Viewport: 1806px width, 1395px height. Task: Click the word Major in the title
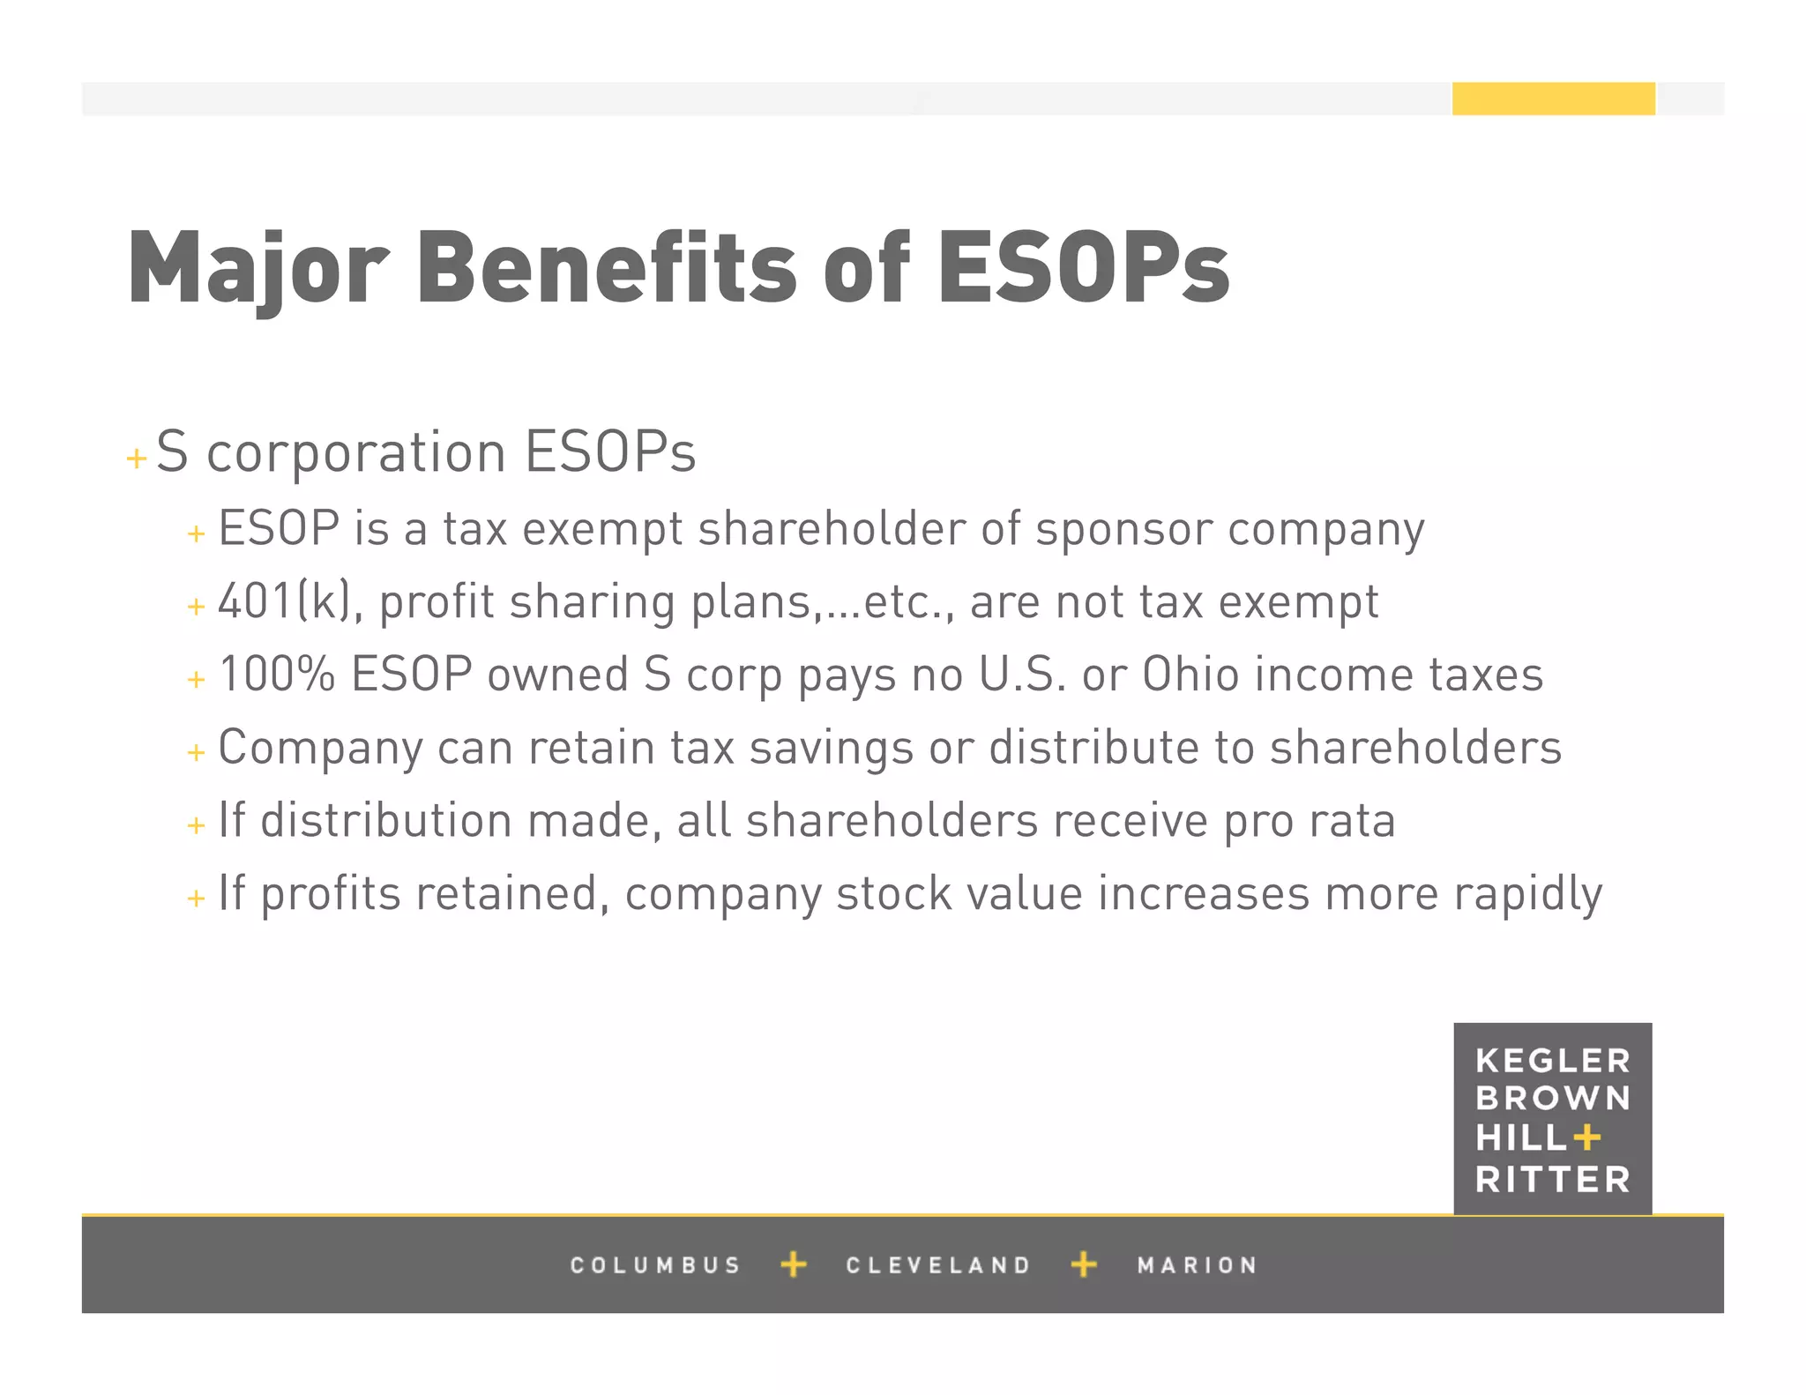click(x=258, y=268)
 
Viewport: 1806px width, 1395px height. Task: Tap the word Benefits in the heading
click(x=607, y=268)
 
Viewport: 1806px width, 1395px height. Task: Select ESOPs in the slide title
click(x=1083, y=268)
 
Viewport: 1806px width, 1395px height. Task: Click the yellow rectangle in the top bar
click(x=1553, y=99)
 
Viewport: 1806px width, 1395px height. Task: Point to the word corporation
click(x=355, y=453)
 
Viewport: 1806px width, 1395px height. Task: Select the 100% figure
click(x=276, y=675)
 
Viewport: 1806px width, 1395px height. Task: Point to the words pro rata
click(x=1310, y=822)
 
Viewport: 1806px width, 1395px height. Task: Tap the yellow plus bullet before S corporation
click(x=137, y=459)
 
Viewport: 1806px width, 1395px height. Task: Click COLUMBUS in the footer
click(x=655, y=1265)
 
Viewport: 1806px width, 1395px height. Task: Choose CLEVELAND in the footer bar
click(x=938, y=1265)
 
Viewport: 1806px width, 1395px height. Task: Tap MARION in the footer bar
click(x=1197, y=1265)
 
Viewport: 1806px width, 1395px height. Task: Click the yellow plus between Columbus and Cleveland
click(x=794, y=1264)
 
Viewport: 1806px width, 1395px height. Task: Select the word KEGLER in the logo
click(x=1553, y=1061)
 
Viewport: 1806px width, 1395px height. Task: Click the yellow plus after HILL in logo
click(x=1586, y=1138)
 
